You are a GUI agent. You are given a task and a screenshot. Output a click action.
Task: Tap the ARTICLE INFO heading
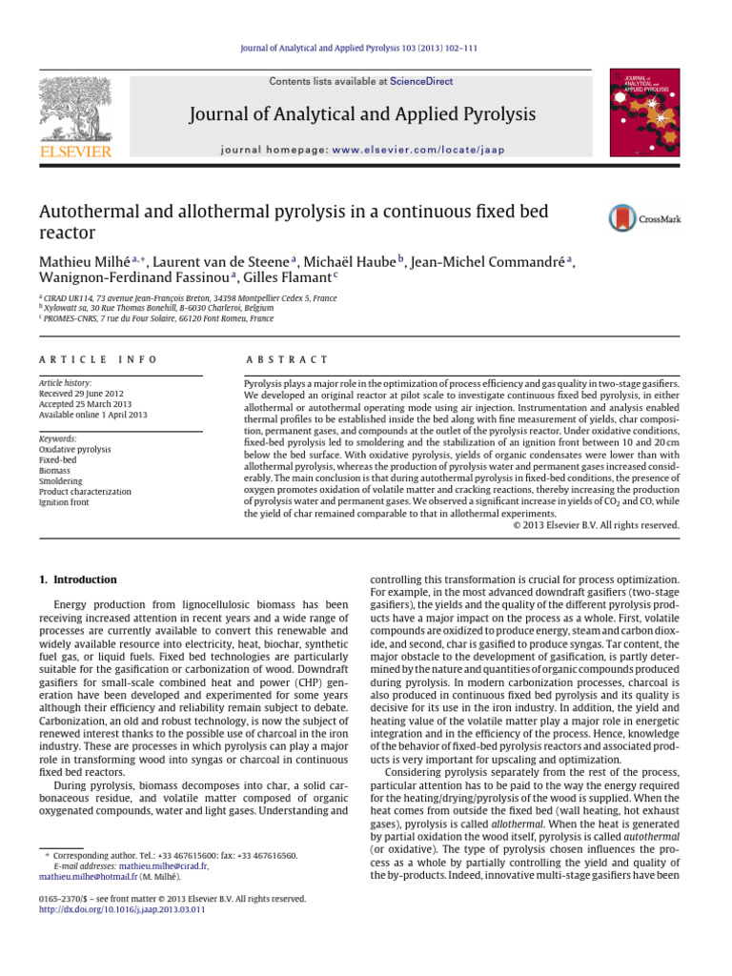click(x=86, y=359)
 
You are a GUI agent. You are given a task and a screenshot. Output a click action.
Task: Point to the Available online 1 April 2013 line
click(x=92, y=416)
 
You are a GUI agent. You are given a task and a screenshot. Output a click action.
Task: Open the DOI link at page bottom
click(x=122, y=909)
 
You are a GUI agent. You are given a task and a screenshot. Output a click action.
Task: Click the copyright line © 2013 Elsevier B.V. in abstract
click(x=596, y=524)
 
